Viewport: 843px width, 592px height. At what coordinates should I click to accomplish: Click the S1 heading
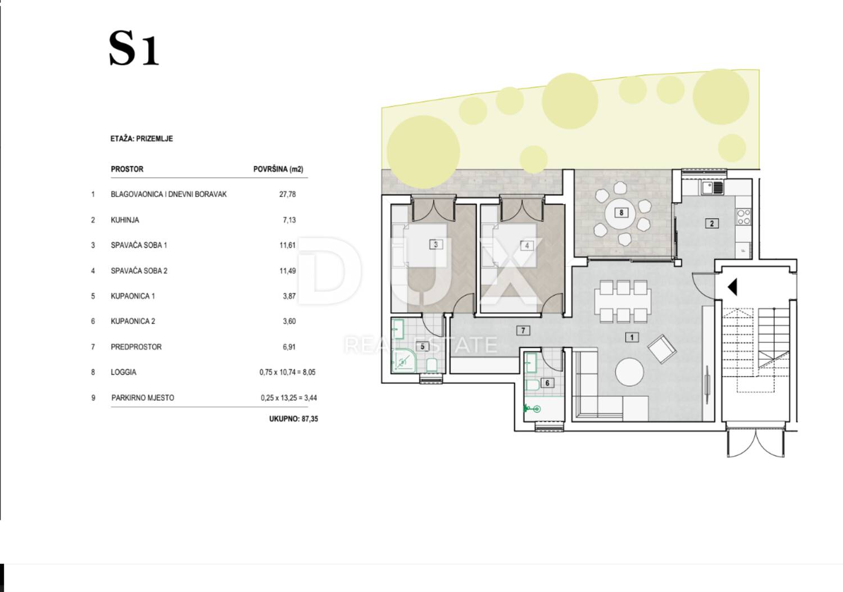134,48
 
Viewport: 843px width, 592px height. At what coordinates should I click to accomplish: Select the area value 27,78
288,195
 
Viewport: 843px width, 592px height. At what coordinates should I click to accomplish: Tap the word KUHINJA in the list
125,220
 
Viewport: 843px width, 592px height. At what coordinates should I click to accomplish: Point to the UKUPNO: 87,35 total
293,419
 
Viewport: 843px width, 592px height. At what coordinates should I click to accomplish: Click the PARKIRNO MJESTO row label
143,397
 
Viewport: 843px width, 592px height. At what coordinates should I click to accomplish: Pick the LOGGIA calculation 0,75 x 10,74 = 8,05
288,372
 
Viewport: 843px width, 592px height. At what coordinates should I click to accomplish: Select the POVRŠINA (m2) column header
278,169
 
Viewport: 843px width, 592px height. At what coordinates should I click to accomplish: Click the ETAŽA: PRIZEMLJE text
142,139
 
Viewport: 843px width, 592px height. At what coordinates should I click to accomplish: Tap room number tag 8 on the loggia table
622,213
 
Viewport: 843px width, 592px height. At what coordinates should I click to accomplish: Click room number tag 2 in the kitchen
711,223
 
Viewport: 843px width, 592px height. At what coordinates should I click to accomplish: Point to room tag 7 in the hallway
523,331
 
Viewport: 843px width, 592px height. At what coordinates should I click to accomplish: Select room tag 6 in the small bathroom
547,383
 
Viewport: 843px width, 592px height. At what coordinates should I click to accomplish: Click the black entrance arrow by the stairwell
732,287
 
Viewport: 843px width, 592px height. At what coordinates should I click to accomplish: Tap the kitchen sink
713,188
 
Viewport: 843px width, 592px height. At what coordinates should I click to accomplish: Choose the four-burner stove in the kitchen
744,217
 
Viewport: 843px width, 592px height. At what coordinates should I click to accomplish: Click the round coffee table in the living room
629,372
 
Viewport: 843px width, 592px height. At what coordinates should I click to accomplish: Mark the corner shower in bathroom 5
404,361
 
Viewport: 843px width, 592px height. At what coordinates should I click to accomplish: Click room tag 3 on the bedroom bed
436,245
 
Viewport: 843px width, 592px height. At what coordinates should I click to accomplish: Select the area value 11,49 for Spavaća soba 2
288,271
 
